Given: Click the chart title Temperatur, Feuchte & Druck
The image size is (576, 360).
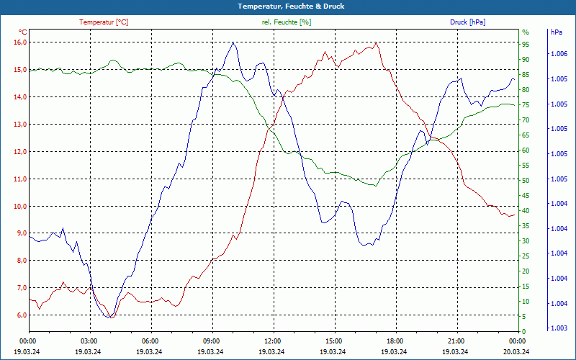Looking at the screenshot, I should pos(288,6).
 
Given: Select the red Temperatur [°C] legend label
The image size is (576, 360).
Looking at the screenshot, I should pos(104,22).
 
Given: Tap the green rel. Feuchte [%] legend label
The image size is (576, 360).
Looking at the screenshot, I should pos(287,22).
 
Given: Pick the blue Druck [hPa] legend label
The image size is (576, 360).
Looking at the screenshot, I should pos(467,22).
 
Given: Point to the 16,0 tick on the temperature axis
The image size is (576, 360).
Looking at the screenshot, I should pos(20,42).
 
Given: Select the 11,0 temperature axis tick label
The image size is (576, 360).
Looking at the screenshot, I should pos(20,179).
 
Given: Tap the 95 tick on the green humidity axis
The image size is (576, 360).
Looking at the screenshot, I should pos(526,45).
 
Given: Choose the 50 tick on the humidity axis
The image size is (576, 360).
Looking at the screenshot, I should pos(526,181).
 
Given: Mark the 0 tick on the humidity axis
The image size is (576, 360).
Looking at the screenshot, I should pos(524,332).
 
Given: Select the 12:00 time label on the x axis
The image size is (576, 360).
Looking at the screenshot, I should pos(273,341).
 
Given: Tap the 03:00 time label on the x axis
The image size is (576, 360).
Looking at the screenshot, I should pos(89,341).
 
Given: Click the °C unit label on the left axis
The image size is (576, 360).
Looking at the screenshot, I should pos(23,32).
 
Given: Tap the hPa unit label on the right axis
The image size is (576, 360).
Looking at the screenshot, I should pos(557,32).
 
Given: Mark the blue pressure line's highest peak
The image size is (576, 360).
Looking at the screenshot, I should pos(233,42).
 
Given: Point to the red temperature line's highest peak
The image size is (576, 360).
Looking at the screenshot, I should pos(375,42).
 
